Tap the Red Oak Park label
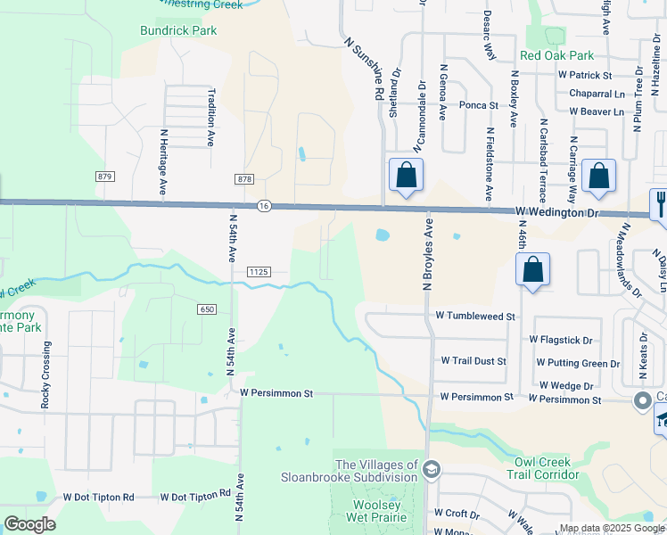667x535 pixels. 556,55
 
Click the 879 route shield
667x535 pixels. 106,177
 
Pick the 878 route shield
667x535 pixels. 245,179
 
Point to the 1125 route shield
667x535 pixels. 259,271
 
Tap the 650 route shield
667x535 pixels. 207,309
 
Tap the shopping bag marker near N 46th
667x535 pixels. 532,270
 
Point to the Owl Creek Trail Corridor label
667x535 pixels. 549,468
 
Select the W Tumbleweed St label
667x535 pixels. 475,317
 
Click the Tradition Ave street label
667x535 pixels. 211,117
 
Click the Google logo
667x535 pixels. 29,524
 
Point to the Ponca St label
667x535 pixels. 478,105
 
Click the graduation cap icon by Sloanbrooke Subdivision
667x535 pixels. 432,469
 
